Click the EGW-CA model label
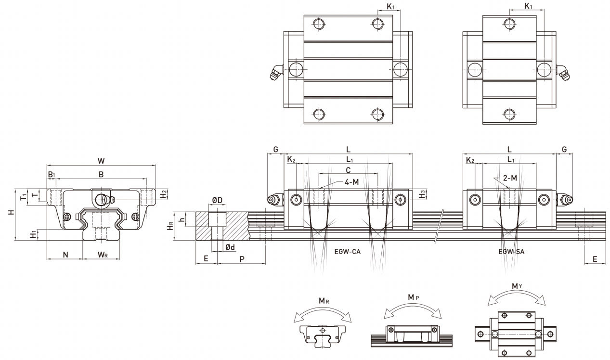(347, 251)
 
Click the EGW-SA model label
(512, 251)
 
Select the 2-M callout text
(510, 178)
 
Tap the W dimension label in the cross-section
(101, 160)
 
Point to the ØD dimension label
(217, 200)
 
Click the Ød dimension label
(230, 247)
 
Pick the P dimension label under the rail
(242, 258)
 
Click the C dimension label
(348, 170)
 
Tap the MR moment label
(324, 301)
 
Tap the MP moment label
(413, 297)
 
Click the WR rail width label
(103, 254)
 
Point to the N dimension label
(65, 254)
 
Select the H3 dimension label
(422, 194)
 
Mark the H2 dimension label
(164, 194)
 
